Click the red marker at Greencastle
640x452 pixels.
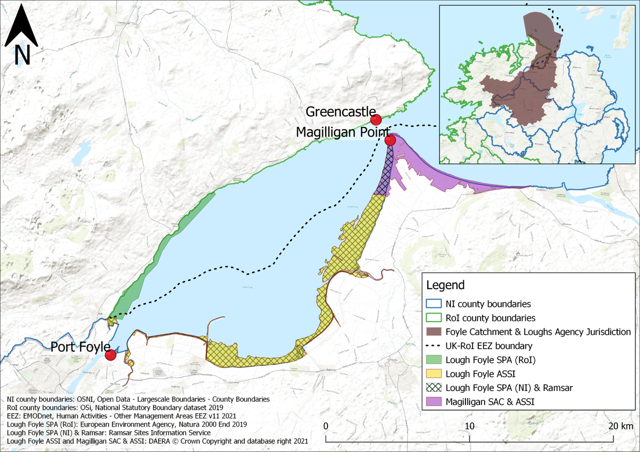coord(376,120)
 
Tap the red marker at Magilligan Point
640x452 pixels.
coord(390,140)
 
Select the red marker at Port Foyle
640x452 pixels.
coord(110,355)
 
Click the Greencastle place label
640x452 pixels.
coord(340,112)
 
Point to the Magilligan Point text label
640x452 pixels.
coord(342,132)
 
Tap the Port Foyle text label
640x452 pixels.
coord(80,347)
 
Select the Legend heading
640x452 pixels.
coord(445,285)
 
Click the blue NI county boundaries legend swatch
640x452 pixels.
coord(434,304)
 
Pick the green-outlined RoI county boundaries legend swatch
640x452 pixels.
coord(434,318)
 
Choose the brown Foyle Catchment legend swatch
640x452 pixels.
coord(434,332)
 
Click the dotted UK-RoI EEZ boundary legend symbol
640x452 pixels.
coord(434,346)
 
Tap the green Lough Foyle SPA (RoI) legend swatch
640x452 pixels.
coord(434,360)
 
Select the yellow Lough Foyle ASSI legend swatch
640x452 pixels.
coord(434,374)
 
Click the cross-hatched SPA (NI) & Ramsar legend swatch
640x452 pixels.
coord(434,388)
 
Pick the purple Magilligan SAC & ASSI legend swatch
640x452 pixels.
coord(434,402)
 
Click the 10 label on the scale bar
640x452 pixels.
coord(470,426)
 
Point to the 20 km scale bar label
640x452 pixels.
coord(620,426)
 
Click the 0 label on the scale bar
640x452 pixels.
coord(326,426)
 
